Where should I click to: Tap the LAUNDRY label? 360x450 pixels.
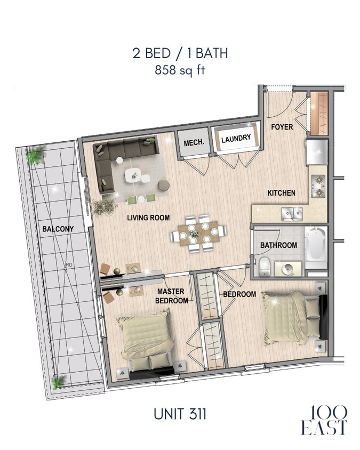click(x=236, y=139)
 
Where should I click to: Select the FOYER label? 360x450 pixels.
click(x=281, y=127)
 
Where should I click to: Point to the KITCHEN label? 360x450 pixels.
click(x=282, y=192)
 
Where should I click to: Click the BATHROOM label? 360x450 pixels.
click(x=278, y=245)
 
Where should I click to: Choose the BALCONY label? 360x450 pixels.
click(x=58, y=229)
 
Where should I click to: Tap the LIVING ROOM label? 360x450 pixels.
click(x=148, y=218)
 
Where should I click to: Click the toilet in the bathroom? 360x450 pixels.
click(x=263, y=267)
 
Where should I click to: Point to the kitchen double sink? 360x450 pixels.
click(x=292, y=214)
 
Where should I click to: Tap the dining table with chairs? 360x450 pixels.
click(x=199, y=233)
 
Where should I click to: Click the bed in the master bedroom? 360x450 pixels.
click(x=146, y=341)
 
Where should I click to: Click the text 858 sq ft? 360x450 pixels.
click(x=180, y=68)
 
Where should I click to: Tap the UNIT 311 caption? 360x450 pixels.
click(x=180, y=413)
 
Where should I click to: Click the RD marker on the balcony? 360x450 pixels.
click(x=69, y=264)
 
